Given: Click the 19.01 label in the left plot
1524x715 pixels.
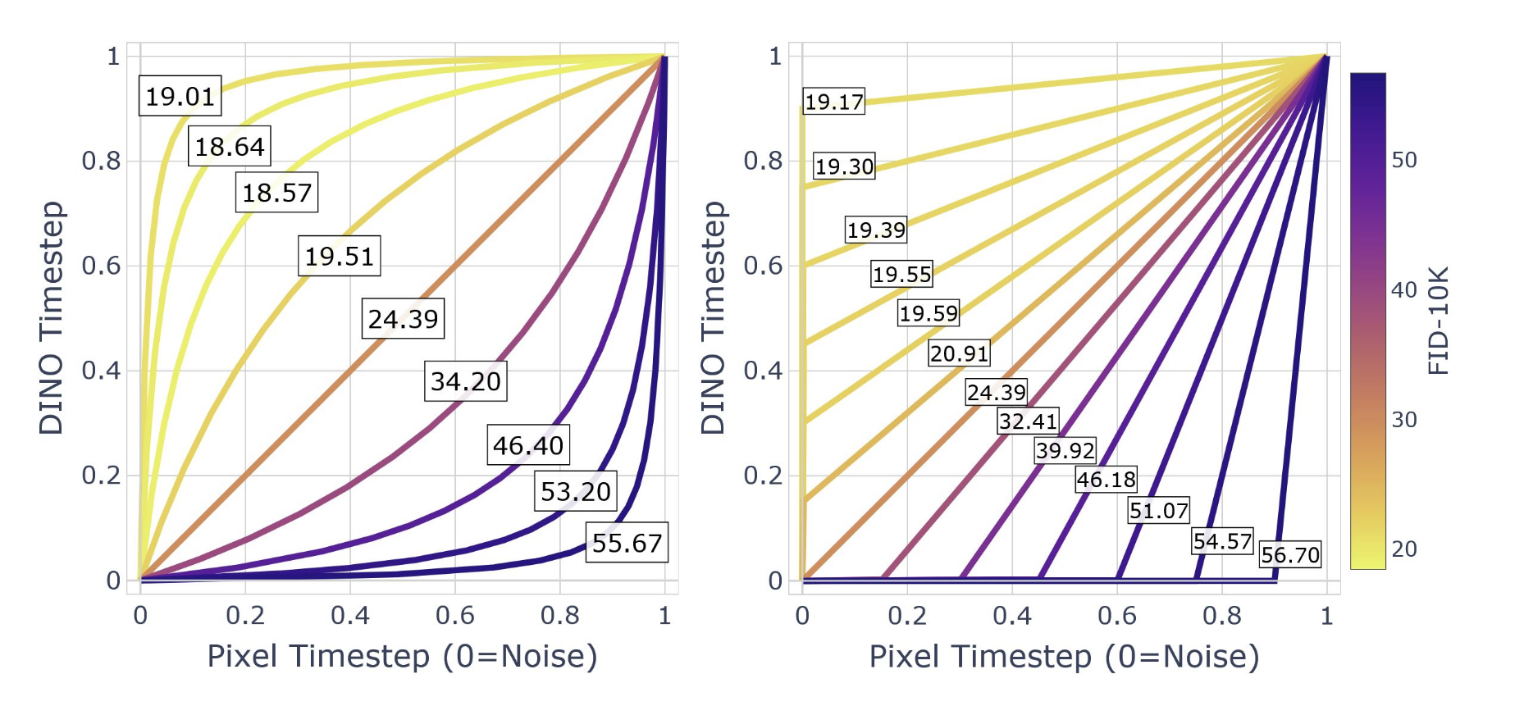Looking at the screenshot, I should [x=180, y=96].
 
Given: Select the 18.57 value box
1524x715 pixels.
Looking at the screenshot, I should [x=276, y=193].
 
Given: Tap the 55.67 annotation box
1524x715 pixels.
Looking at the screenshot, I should [x=627, y=543].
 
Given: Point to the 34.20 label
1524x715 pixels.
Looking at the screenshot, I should [x=465, y=381].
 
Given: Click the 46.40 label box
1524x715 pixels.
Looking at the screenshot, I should [x=528, y=445].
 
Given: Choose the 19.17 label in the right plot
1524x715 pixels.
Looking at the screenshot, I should [x=833, y=102].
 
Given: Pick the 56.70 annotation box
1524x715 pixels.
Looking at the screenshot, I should [x=1290, y=555].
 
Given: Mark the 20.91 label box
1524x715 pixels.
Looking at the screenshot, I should [x=959, y=353].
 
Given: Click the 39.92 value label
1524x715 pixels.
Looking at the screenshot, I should [x=1065, y=450].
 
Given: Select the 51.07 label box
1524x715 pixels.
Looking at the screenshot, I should [x=1158, y=511].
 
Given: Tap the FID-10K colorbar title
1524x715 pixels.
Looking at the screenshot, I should [x=1439, y=321].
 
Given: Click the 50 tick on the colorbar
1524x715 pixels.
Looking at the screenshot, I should [x=1403, y=160].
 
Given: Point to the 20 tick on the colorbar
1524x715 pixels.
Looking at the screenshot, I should [x=1403, y=549].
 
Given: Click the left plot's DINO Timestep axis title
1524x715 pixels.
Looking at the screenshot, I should [x=51, y=317].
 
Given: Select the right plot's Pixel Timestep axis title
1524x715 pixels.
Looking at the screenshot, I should [x=1064, y=657].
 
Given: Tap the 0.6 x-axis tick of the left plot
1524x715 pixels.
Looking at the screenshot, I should [x=454, y=615].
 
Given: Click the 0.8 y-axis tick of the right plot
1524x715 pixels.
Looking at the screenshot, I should [x=763, y=161].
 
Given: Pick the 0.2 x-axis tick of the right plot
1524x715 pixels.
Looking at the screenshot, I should [x=907, y=615].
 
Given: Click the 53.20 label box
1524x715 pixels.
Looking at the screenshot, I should [x=575, y=491].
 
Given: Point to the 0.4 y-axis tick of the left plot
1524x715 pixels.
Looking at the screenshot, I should [x=101, y=371].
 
